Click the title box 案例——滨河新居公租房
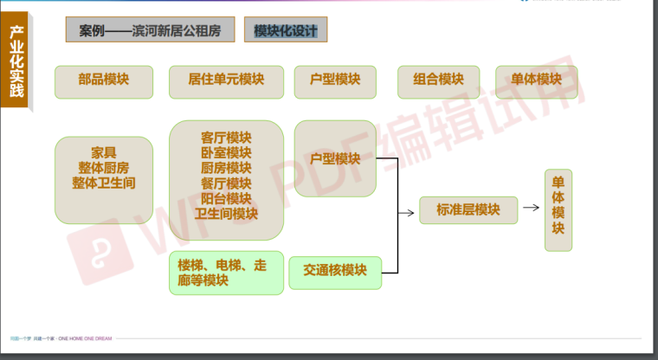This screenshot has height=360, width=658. [150, 31]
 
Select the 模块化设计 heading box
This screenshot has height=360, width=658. [286, 31]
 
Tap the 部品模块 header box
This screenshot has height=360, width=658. [104, 81]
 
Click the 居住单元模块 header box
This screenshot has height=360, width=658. [226, 81]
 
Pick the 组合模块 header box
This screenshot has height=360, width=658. [439, 81]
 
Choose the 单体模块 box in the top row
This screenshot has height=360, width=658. [529, 81]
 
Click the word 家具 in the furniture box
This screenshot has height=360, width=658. [104, 152]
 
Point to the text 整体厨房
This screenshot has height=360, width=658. [104, 168]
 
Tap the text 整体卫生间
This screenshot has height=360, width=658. [104, 183]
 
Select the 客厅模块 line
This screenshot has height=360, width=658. [226, 138]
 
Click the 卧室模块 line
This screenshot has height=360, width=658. [226, 152]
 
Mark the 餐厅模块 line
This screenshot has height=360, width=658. [226, 183]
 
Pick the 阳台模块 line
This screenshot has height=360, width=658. [226, 198]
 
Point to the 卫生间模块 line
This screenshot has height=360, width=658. [226, 214]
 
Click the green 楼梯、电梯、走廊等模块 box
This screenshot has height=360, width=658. [226, 273]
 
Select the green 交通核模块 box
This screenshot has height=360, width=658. [334, 272]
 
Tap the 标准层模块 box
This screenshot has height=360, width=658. [468, 210]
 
